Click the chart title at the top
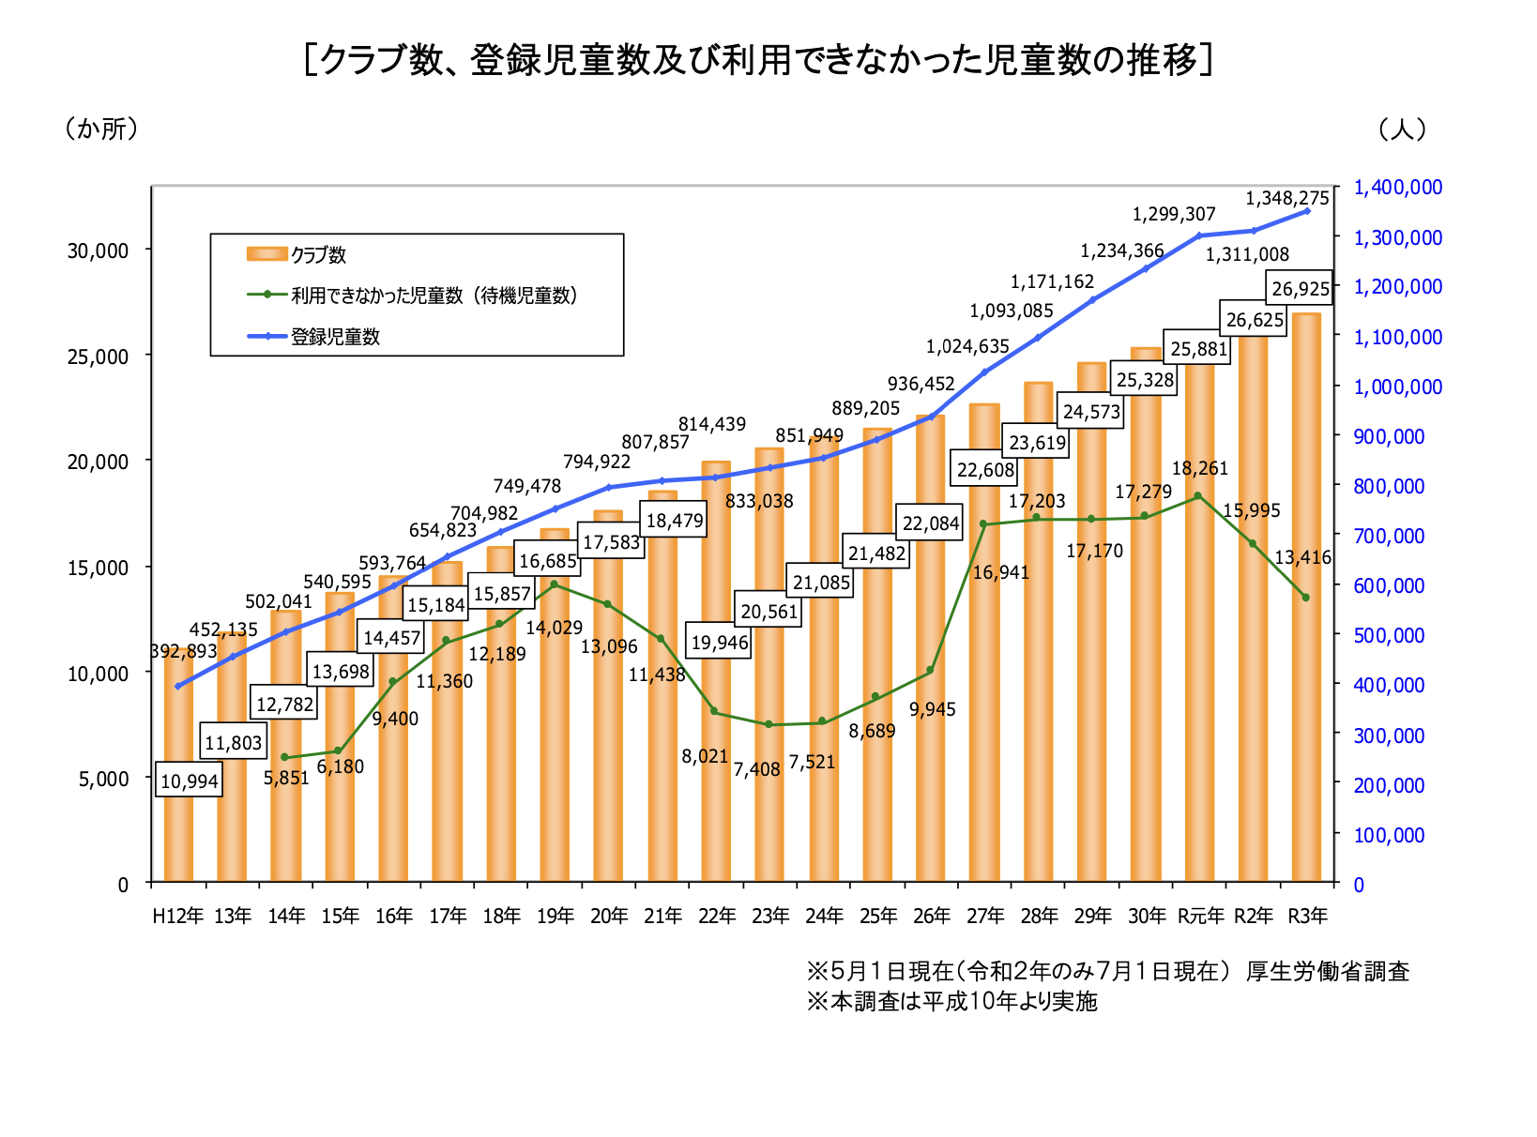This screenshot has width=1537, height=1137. [x=758, y=60]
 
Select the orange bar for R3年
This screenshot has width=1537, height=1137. [x=1305, y=597]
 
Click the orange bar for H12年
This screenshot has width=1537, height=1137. [x=178, y=765]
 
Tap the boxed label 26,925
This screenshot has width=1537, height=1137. [x=1300, y=288]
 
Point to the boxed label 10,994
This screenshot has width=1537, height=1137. [x=189, y=781]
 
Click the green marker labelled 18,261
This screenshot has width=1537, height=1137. [x=1197, y=496]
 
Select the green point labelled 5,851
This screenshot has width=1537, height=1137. [x=284, y=757]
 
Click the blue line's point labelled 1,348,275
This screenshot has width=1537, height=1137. [x=1307, y=211]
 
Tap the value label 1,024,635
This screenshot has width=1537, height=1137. [x=967, y=346]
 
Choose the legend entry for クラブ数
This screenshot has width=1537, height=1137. [x=296, y=254]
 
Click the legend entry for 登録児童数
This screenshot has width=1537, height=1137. [x=313, y=337]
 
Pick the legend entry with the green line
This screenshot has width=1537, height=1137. [x=412, y=296]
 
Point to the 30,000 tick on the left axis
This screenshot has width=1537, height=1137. [x=98, y=250]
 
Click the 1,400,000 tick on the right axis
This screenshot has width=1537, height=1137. [x=1398, y=187]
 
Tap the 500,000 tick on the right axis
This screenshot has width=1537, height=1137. [x=1389, y=635]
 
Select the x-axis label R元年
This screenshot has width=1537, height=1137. [x=1200, y=916]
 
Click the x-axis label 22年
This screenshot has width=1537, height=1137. [x=717, y=916]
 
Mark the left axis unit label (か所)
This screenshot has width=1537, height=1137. [x=101, y=129]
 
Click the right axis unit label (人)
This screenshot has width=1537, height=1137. [x=1402, y=129]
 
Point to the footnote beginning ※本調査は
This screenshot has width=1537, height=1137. [x=952, y=1002]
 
